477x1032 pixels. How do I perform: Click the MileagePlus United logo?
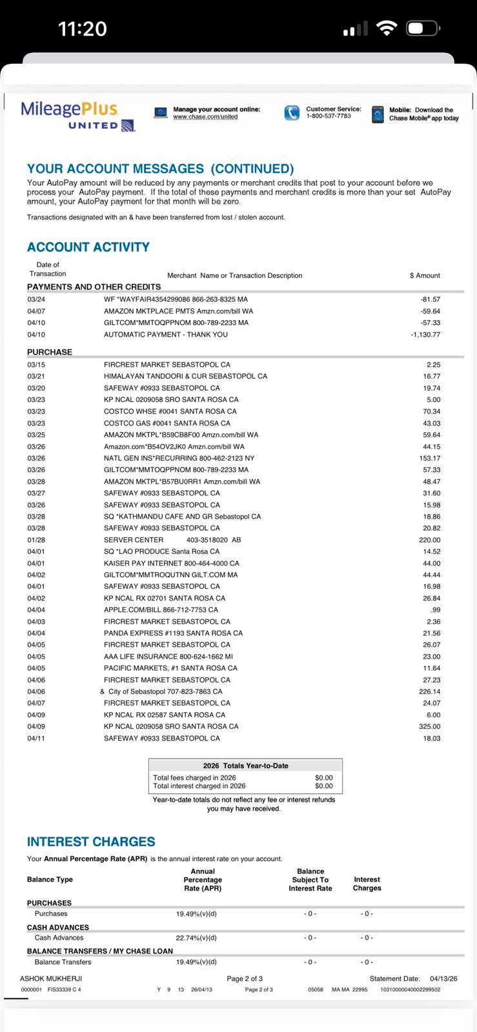(77, 115)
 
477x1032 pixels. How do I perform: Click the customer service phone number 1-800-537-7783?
(328, 116)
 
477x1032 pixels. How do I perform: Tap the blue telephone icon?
(292, 113)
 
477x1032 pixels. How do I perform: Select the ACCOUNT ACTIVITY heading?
(88, 247)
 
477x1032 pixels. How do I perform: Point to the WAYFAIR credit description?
(176, 299)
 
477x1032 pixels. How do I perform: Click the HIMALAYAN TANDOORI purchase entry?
(185, 376)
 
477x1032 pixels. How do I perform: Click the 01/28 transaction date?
(36, 540)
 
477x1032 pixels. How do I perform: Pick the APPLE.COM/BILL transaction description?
(161, 610)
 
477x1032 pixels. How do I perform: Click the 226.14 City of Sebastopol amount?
(430, 691)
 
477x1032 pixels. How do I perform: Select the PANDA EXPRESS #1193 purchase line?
(173, 633)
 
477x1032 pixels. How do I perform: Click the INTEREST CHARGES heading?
(91, 842)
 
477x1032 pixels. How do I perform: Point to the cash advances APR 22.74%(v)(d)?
(196, 938)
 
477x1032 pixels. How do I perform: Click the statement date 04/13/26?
(443, 978)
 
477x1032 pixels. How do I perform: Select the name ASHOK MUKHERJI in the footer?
(51, 978)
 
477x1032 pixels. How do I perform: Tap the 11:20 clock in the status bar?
(82, 29)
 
